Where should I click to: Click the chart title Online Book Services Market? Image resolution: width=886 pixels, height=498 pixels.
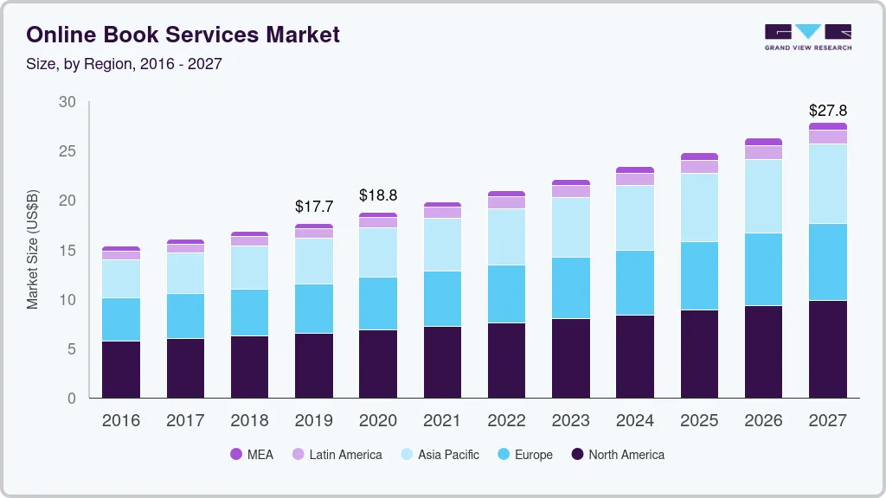(x=183, y=35)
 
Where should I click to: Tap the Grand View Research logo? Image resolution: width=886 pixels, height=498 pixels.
(x=807, y=36)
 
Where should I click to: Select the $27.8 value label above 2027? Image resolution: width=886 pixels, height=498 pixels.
(x=827, y=111)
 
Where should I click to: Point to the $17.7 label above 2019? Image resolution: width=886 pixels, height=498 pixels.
(x=313, y=207)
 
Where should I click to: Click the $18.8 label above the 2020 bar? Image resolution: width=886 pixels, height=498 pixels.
(x=378, y=195)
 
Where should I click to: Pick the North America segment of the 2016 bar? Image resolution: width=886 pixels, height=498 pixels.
(x=121, y=369)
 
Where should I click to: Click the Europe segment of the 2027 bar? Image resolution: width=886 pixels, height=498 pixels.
(x=827, y=262)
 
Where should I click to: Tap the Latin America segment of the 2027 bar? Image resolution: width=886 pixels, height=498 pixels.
(x=827, y=137)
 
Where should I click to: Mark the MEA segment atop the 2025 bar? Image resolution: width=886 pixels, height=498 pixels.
(x=699, y=156)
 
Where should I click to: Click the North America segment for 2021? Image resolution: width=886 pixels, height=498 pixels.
(x=443, y=361)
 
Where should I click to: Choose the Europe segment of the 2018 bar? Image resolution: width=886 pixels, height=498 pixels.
(x=249, y=312)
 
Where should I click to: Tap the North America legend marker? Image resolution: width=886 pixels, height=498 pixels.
(x=577, y=454)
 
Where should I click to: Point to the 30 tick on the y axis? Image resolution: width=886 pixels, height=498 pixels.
(x=67, y=102)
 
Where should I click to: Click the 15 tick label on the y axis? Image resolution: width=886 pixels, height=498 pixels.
(x=67, y=251)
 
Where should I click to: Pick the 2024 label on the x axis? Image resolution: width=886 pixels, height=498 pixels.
(x=635, y=421)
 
